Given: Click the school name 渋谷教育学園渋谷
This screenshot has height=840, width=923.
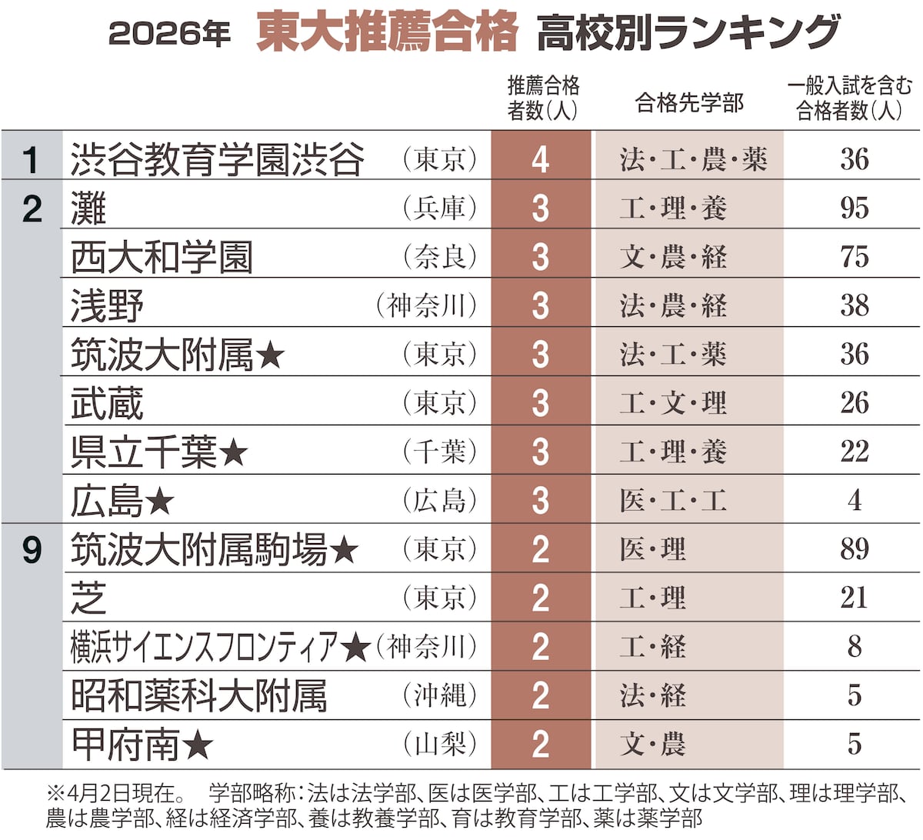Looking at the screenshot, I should point(217,159).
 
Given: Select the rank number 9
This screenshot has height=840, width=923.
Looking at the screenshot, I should point(32,549).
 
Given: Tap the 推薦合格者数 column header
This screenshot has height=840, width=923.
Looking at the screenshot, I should point(542,98).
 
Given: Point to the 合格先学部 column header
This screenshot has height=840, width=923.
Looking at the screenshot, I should point(689,103).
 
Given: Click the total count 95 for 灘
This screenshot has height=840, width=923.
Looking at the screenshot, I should point(854,208).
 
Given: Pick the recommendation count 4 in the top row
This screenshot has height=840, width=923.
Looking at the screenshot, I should point(541,159).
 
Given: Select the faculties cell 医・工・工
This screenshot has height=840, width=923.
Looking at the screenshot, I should point(673,501).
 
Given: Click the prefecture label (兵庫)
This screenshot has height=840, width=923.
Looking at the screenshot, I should point(440,208).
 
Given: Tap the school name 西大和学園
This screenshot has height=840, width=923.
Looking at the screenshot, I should point(162,257).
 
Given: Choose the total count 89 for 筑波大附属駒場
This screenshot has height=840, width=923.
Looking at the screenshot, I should point(854,549).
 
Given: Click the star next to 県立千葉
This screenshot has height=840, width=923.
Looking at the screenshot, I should point(233,453).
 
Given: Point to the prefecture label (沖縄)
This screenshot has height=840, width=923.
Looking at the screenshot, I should point(440,695).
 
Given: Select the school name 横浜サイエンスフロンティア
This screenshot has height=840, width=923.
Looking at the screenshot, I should point(204,647).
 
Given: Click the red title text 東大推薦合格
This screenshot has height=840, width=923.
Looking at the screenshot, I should point(387,33).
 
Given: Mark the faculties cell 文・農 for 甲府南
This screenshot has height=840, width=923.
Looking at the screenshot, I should point(652,744).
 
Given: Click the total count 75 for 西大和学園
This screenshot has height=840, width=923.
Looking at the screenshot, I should point(854,257).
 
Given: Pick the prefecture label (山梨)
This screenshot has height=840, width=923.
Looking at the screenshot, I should point(440,744).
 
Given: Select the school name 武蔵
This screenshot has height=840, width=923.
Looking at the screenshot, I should point(107,403).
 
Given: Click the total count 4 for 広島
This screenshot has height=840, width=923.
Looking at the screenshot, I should point(854,501).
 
